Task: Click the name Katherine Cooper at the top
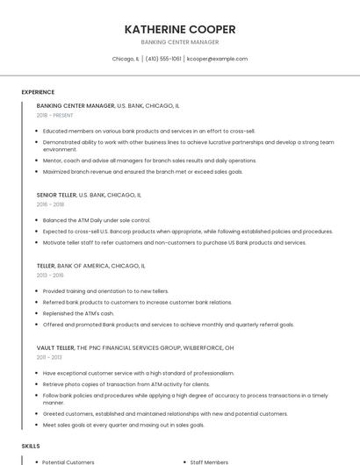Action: click(180, 29)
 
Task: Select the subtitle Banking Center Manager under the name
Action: click(180, 42)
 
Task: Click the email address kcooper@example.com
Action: click(218, 60)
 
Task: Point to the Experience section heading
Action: click(38, 92)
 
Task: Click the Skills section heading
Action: click(31, 447)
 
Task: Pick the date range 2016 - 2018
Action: click(50, 204)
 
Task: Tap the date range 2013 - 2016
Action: click(50, 275)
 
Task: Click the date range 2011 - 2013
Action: click(49, 357)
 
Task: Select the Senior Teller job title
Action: click(57, 195)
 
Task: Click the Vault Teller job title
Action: click(55, 347)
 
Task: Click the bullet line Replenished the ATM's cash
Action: click(78, 313)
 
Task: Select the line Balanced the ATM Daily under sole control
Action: click(97, 220)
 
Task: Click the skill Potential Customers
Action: click(68, 462)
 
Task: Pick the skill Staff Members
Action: click(209, 462)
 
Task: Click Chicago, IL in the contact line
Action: click(126, 60)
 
